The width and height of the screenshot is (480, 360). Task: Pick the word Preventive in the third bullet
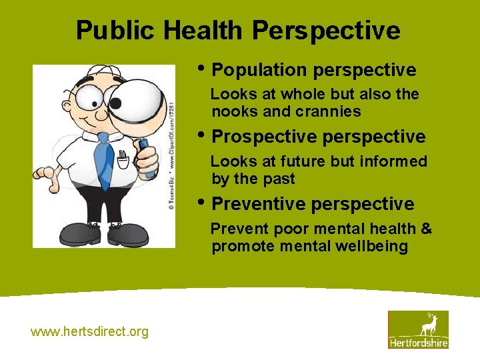[259, 204]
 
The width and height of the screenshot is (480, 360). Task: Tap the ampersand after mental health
[426, 229]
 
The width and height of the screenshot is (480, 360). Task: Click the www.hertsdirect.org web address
[90, 331]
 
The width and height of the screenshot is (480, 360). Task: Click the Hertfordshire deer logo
[418, 329]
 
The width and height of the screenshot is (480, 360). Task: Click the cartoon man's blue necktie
[104, 159]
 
